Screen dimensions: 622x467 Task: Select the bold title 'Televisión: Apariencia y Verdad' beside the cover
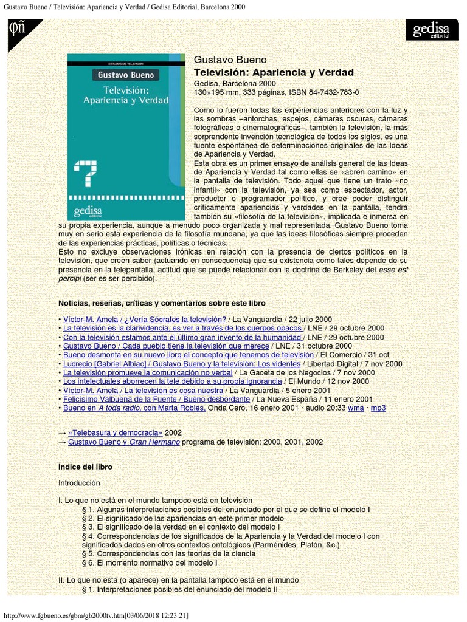point(273,72)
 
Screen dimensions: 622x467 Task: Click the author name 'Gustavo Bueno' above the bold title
point(221,60)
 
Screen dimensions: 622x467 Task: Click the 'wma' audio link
point(356,408)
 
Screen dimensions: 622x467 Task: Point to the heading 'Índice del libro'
point(85,466)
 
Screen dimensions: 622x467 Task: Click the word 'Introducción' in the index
point(79,484)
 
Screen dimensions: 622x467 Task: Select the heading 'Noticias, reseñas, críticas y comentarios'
point(162,302)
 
